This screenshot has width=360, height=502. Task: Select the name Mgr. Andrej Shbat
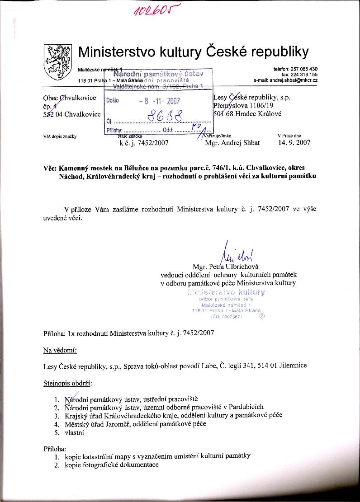click(232, 143)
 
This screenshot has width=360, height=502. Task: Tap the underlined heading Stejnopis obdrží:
click(67, 384)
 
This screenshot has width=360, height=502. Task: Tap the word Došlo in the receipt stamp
click(113, 101)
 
